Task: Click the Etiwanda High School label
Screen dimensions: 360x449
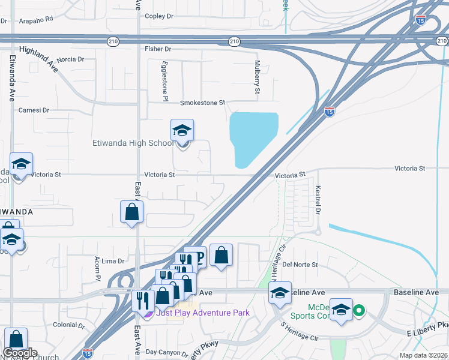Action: pos(133,143)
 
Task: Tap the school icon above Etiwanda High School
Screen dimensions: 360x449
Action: pos(182,131)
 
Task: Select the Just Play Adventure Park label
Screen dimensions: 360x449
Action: pos(202,313)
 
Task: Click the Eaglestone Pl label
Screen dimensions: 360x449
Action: pos(165,80)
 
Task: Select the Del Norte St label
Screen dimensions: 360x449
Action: pos(300,265)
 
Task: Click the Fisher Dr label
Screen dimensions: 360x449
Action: pos(158,49)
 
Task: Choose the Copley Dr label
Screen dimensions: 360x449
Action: pos(159,16)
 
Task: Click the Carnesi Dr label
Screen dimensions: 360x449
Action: pos(33,110)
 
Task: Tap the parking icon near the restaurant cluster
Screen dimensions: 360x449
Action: pos(199,257)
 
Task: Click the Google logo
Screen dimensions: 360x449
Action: pos(20,353)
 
